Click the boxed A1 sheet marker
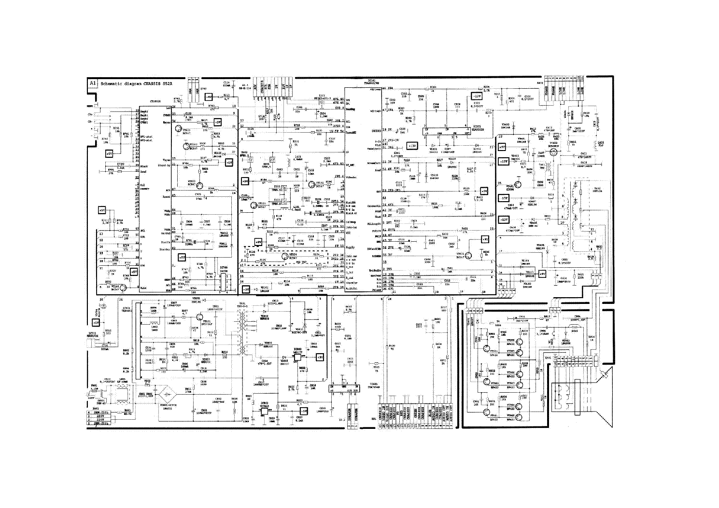click(93, 83)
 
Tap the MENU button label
click(90, 106)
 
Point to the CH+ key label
click(90, 114)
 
